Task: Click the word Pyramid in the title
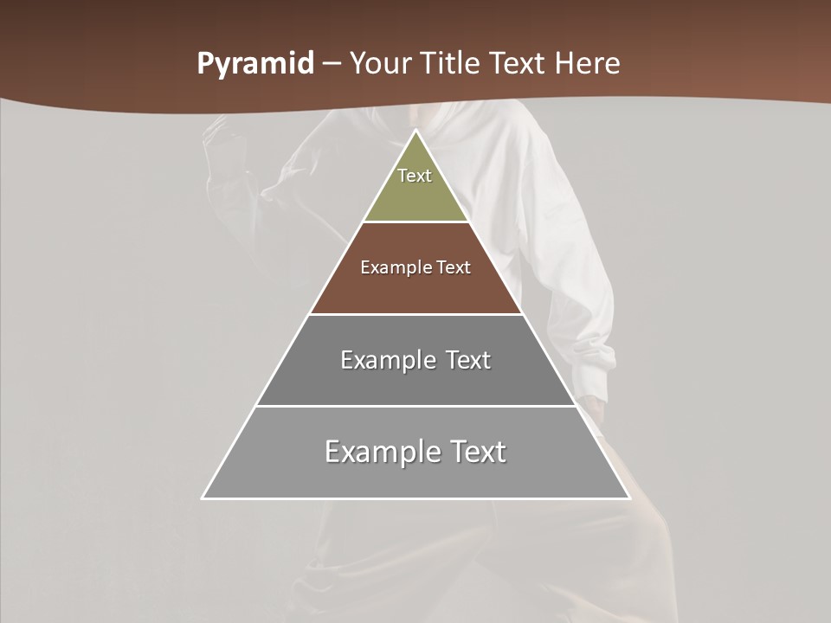254,64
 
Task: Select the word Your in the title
382,64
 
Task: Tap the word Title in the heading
451,64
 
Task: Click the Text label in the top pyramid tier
415,176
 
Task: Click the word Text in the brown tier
454,267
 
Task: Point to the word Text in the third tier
467,360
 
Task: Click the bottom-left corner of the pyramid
203,498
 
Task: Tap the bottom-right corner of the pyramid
629,498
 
